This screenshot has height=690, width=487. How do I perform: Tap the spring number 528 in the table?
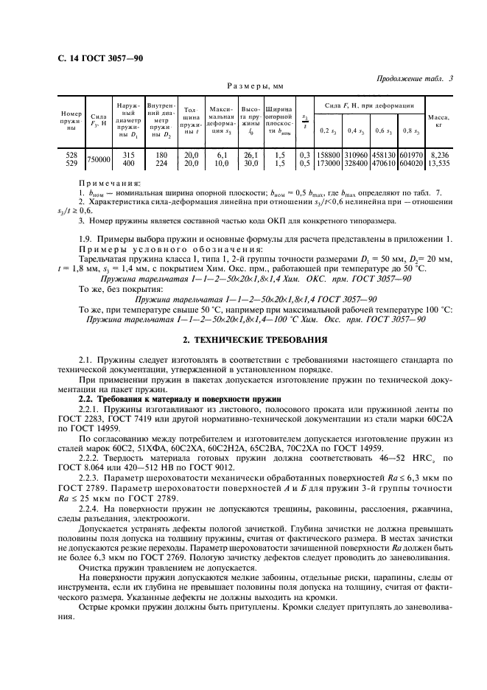71,155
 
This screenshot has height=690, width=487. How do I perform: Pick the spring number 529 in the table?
71,162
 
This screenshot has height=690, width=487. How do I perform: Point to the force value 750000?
99,159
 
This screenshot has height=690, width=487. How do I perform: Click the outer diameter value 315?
128,155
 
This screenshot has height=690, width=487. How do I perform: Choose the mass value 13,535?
438,162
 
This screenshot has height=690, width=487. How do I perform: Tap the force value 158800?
327,155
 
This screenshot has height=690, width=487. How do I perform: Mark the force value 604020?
411,162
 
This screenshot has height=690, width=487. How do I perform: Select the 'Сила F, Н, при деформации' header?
369,107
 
